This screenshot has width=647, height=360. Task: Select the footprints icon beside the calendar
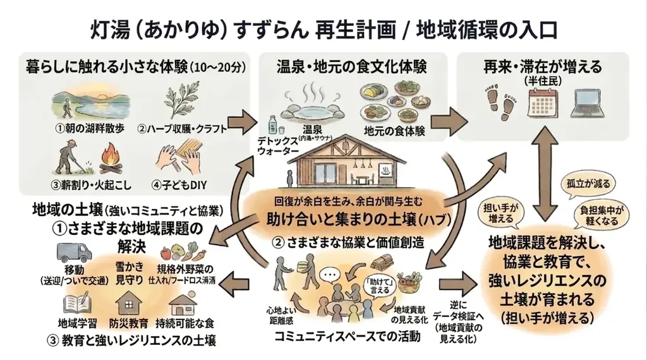click(x=500, y=104)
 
